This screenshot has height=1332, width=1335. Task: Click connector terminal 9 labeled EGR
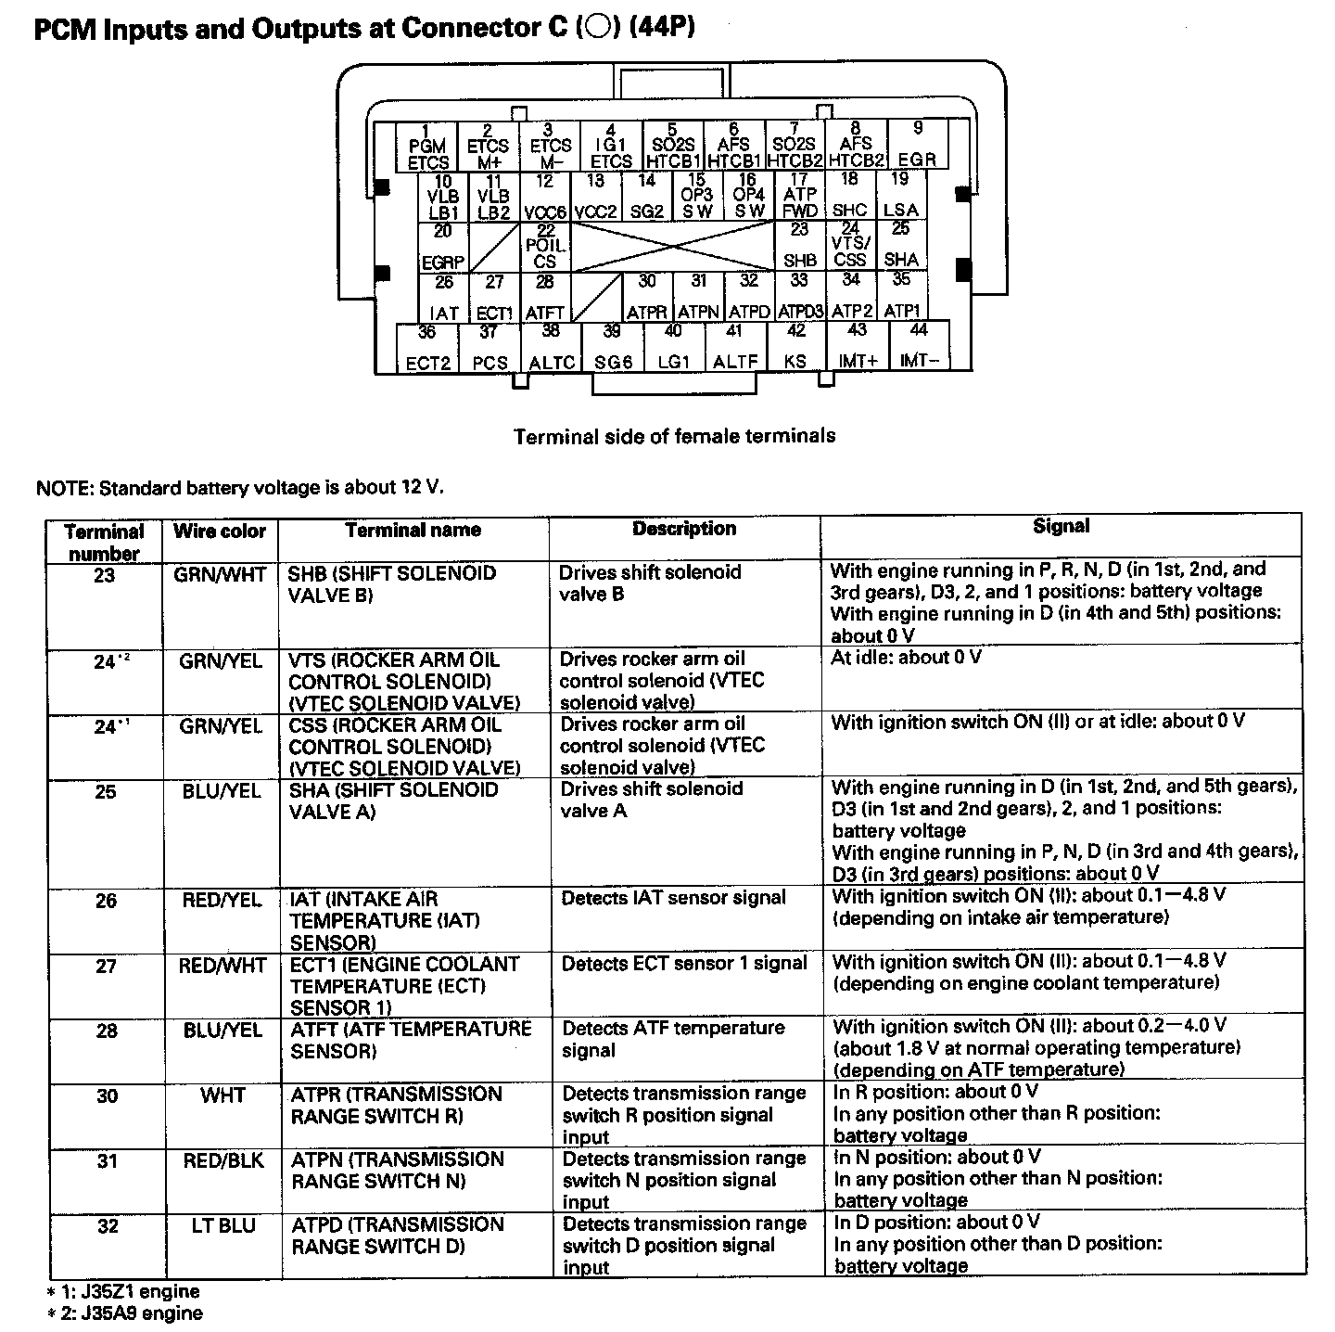tap(918, 145)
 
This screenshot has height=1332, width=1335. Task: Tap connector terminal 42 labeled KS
tap(795, 347)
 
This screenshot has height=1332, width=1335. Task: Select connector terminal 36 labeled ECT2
tap(427, 348)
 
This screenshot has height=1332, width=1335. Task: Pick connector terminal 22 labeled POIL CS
tap(545, 247)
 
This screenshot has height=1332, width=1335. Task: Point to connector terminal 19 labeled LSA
tap(900, 196)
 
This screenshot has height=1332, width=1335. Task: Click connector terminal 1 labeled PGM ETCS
tap(427, 146)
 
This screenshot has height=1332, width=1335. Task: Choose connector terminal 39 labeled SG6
tap(613, 348)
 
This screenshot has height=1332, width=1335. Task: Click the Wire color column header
tap(220, 532)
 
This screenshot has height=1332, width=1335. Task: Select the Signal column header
tap(1061, 527)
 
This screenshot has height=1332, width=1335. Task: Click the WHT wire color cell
tap(222, 1095)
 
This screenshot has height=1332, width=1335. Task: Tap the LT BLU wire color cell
tap(223, 1226)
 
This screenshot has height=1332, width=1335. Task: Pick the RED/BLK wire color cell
tap(223, 1160)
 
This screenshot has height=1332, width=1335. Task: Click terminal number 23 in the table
tap(105, 575)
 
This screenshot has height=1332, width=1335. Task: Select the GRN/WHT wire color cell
tap(220, 575)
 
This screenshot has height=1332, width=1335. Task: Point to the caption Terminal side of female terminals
tap(674, 436)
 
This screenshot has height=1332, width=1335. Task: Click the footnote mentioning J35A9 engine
tap(124, 1313)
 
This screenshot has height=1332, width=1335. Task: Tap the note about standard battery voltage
tap(239, 487)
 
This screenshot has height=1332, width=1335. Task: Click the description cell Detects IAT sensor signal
tap(673, 898)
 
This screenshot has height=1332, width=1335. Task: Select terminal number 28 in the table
tap(107, 1031)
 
